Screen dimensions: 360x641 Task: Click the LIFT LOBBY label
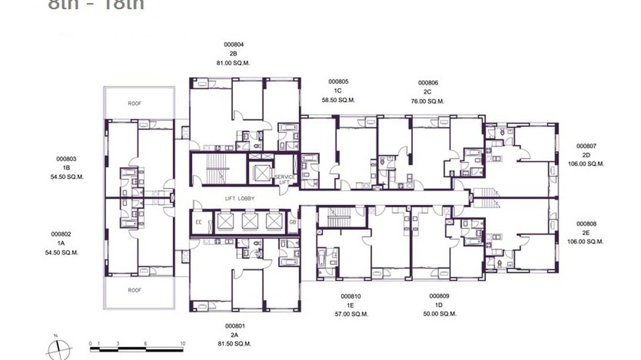click(240, 198)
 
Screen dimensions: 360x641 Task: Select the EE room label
click(199, 222)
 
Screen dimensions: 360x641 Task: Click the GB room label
click(292, 222)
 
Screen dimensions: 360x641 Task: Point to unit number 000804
click(234, 44)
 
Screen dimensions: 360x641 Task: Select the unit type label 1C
click(338, 91)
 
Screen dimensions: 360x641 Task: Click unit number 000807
click(586, 146)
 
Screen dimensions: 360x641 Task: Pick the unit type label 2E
click(586, 233)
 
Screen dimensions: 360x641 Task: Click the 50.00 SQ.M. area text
click(439, 314)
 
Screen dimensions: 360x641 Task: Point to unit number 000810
click(351, 296)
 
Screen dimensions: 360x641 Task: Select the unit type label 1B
click(66, 168)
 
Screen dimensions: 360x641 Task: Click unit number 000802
click(61, 234)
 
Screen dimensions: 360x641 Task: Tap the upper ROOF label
click(135, 103)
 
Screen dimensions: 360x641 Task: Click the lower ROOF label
click(135, 290)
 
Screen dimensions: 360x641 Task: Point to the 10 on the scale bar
click(182, 343)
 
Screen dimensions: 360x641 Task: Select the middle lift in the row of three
click(249, 222)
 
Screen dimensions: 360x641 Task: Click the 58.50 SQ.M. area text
click(338, 100)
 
